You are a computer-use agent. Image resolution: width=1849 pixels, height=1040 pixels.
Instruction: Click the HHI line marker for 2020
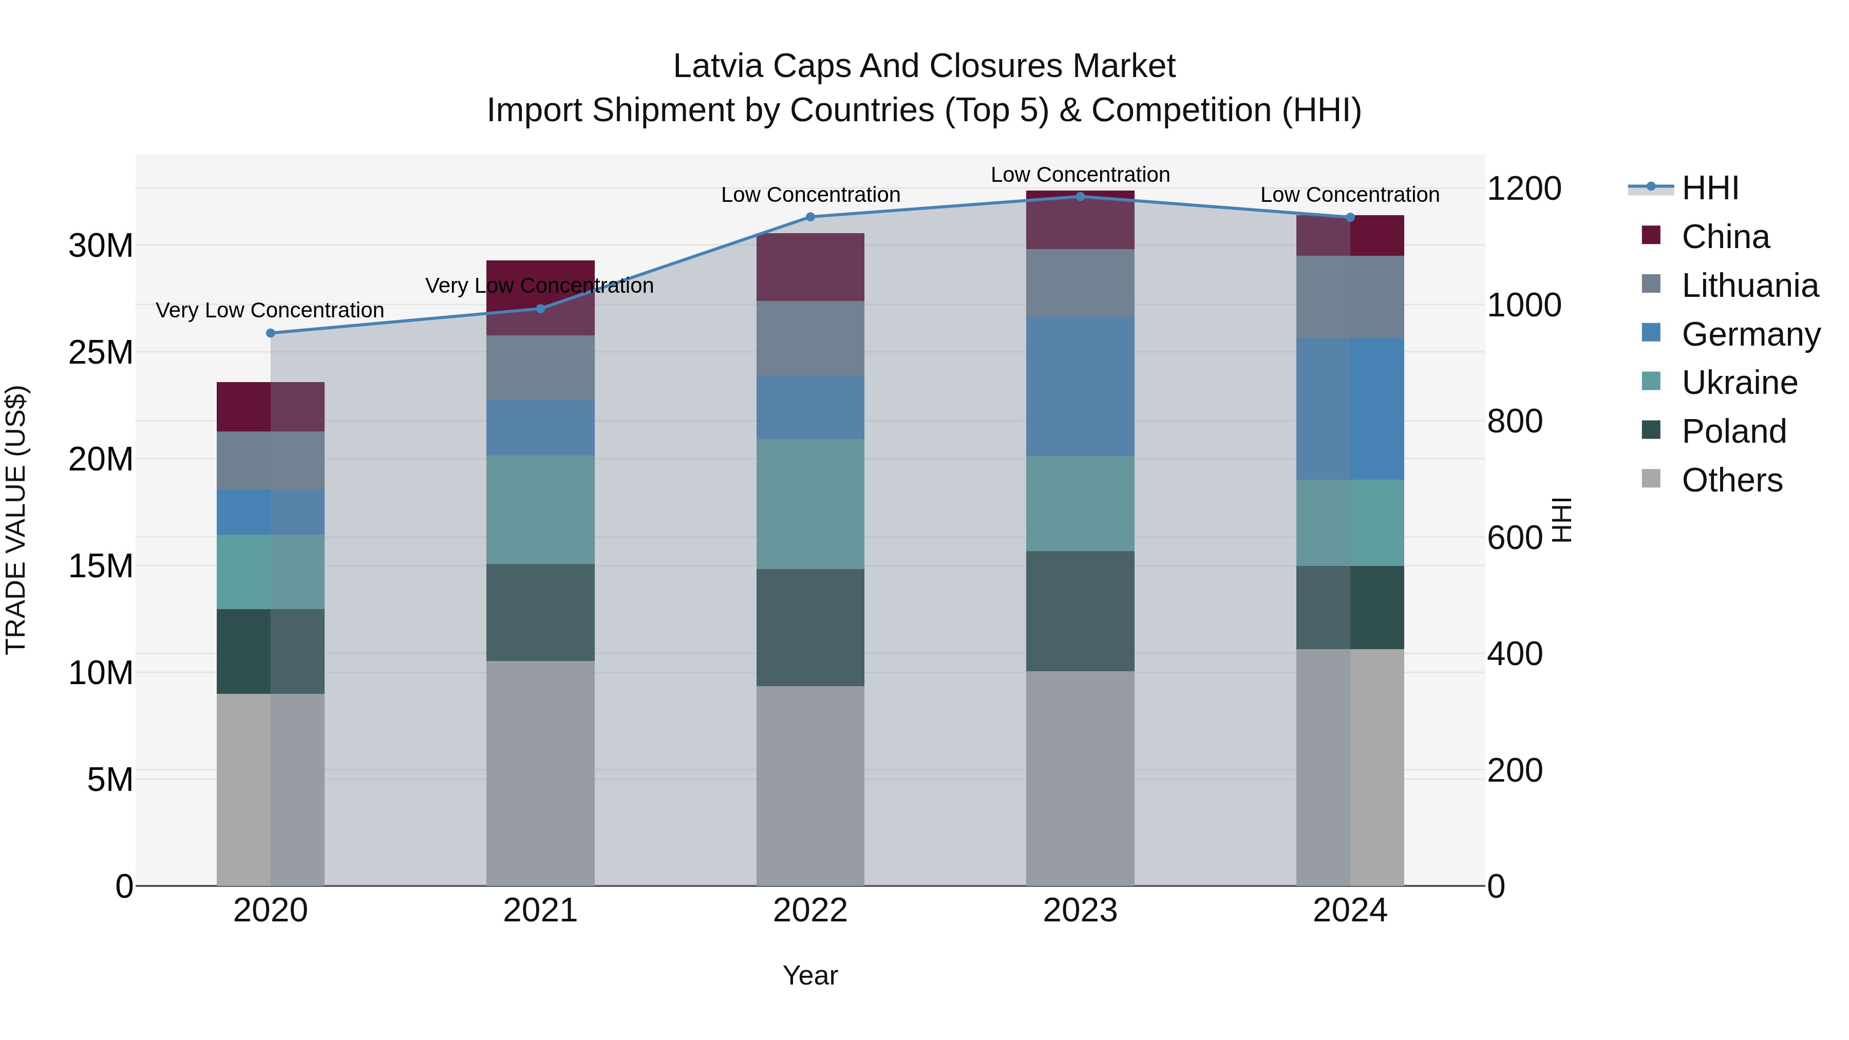tap(271, 333)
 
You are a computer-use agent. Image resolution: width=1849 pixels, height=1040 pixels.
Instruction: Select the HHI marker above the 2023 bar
tap(1080, 197)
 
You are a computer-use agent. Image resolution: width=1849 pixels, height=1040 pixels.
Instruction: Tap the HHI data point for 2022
tap(810, 217)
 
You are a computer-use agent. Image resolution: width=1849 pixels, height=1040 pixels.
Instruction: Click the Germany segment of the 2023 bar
tap(1080, 386)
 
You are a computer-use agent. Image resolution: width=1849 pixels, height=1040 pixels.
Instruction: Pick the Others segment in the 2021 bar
tap(540, 772)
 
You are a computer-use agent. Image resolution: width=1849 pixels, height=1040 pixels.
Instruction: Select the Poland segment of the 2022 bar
tap(810, 627)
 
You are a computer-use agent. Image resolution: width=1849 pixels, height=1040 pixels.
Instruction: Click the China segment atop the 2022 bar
tap(810, 267)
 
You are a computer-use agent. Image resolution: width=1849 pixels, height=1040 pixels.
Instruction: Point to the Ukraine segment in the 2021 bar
tap(540, 509)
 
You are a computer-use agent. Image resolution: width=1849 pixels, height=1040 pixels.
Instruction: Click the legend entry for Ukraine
tap(1739, 383)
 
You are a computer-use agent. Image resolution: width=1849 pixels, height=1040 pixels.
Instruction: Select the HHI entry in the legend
tap(1710, 188)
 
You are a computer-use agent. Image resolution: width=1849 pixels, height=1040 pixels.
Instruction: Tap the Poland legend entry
tap(1733, 431)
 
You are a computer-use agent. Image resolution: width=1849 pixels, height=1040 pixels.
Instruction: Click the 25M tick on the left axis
tap(101, 352)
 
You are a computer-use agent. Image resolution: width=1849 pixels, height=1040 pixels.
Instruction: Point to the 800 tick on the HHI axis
tap(1515, 421)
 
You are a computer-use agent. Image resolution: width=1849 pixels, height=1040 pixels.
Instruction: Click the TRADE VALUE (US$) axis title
tap(16, 520)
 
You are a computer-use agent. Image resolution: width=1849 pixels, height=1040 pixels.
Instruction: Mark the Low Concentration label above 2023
tap(1080, 175)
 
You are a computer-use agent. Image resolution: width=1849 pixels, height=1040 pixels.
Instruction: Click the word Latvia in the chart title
tap(717, 66)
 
